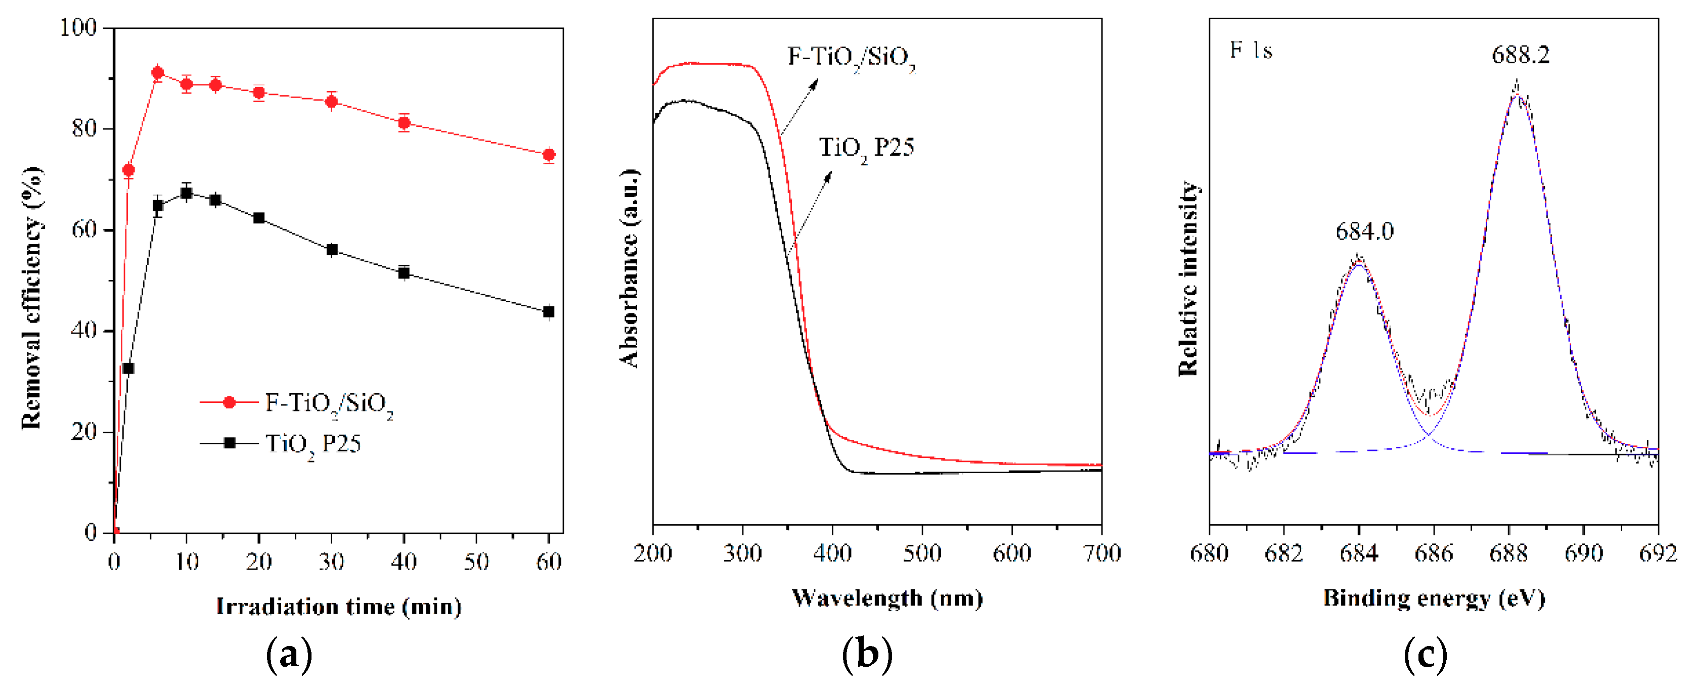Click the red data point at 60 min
[549, 155]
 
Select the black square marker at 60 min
[549, 312]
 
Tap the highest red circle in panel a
[157, 73]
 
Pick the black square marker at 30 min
[332, 250]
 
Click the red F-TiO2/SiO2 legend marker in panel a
[229, 402]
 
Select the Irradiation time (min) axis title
[338, 607]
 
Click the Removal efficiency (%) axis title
[31, 298]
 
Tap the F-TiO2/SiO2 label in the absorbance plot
[851, 58]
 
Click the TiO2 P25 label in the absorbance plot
[866, 148]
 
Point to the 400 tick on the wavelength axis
[832, 554]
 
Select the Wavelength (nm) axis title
[887, 598]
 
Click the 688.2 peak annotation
[1521, 55]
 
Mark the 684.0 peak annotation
[1364, 232]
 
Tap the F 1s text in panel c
[1251, 51]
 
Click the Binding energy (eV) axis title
[1434, 598]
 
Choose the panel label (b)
[867, 654]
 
